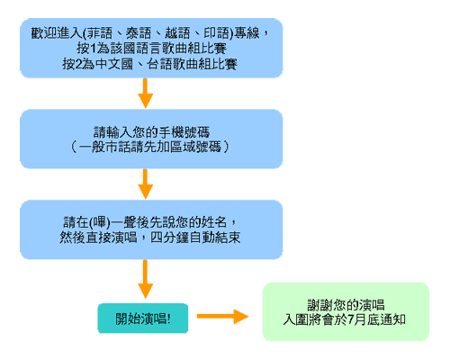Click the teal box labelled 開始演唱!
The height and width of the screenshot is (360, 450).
tap(143, 319)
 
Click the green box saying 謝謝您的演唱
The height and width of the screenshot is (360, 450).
tap(346, 311)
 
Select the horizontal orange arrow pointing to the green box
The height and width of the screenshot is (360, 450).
tap(223, 317)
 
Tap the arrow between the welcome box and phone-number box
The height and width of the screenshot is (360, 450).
tap(146, 94)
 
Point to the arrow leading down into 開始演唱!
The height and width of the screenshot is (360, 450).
tap(146, 279)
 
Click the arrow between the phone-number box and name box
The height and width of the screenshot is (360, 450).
tap(146, 184)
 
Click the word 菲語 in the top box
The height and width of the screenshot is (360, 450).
tap(100, 33)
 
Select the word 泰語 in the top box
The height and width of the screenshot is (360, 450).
tap(139, 33)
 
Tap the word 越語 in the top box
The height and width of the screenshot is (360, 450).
tap(177, 33)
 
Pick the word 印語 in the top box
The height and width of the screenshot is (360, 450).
tap(216, 33)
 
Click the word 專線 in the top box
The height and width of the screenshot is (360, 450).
tap(247, 33)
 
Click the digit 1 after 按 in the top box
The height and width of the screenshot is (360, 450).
tap(93, 49)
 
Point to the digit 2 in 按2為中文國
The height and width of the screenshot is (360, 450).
tap(78, 64)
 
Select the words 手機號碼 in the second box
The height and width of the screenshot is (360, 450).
tap(184, 132)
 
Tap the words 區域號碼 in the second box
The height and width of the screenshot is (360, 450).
tap(195, 147)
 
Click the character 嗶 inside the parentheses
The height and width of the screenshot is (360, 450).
tap(99, 222)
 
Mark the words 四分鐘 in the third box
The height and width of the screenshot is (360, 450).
tap(169, 238)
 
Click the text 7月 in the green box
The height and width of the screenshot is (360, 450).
tap(356, 319)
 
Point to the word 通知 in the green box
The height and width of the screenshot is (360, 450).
tap(393, 319)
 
